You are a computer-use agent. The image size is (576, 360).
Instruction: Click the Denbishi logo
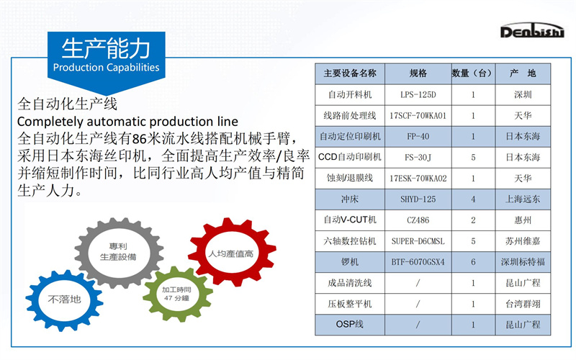tap(531, 30)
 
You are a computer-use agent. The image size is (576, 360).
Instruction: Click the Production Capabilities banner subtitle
tap(106, 67)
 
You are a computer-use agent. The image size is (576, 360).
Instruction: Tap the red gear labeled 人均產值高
tap(232, 253)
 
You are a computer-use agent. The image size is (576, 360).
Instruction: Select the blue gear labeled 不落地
tap(64, 300)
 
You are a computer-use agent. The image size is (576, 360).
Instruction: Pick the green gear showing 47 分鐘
tap(177, 294)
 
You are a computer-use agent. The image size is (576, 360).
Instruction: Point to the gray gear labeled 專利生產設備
tap(119, 252)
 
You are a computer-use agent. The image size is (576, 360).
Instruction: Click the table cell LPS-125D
tap(418, 95)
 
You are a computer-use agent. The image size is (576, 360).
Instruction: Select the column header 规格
tap(418, 73)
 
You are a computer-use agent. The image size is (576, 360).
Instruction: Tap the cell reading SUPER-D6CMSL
tap(418, 241)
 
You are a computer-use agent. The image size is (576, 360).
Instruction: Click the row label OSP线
tap(350, 325)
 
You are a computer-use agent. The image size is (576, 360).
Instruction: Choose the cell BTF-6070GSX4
tap(418, 262)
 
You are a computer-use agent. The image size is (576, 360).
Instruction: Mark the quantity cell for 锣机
tap(473, 262)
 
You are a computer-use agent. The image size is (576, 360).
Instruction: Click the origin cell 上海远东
tap(523, 199)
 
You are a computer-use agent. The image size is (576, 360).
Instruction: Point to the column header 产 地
tap(523, 73)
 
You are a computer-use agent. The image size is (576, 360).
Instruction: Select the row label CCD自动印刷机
tap(350, 157)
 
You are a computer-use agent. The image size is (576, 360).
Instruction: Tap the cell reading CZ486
tap(418, 220)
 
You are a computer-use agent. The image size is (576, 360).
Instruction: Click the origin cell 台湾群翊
tap(523, 304)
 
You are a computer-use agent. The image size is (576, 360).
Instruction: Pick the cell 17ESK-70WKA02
tap(418, 179)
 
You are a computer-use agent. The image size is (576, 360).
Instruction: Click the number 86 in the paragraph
tap(139, 139)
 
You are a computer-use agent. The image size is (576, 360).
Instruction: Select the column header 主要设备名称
tap(350, 73)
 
